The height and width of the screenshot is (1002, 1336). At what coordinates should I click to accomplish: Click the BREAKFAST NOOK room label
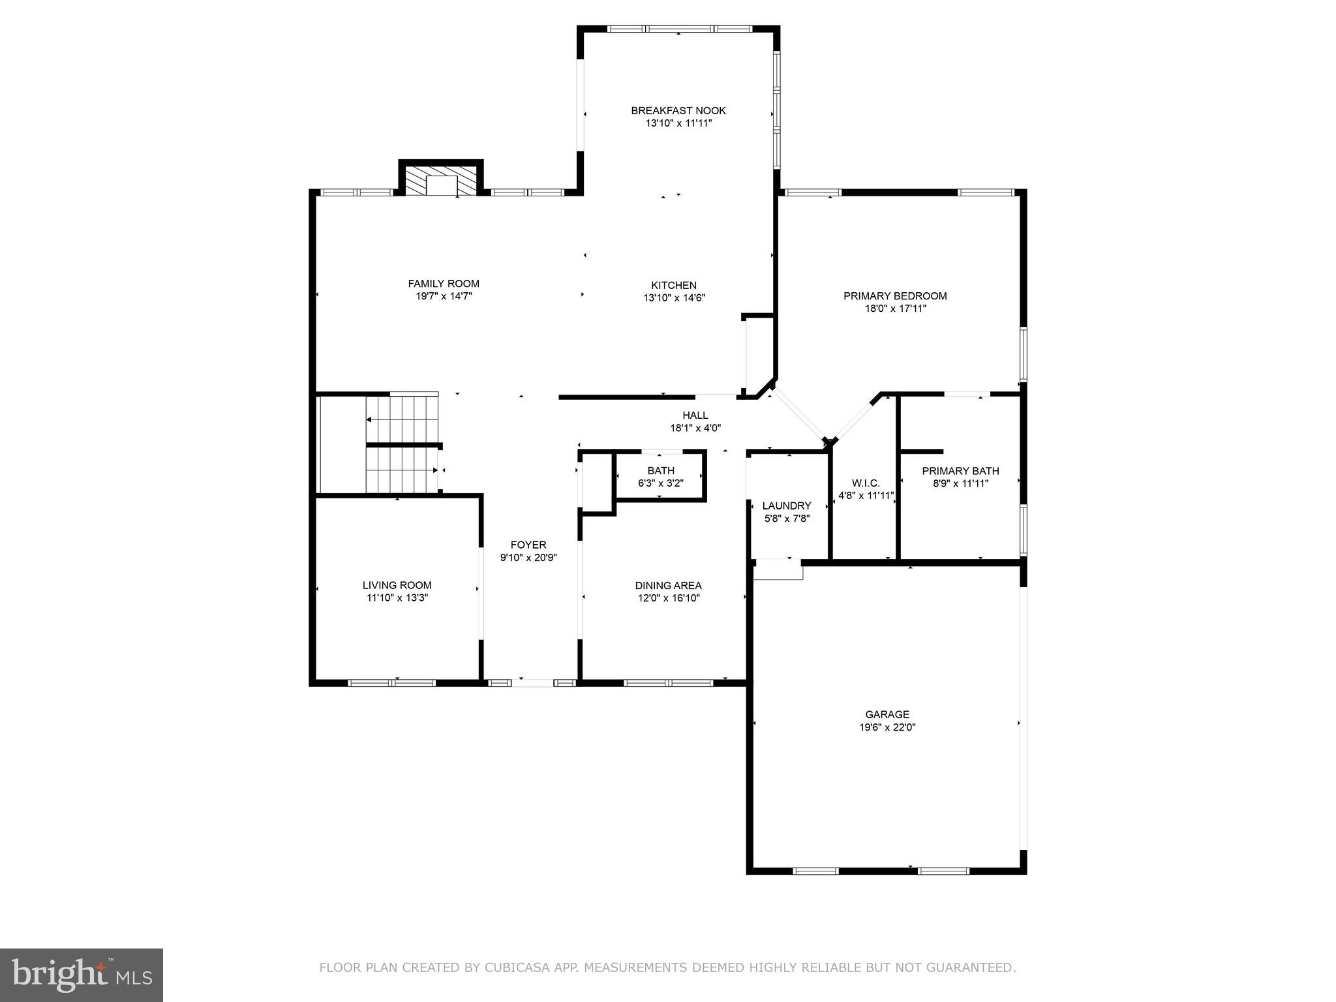tap(678, 111)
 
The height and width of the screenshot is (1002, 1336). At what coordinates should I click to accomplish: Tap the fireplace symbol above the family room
tap(441, 181)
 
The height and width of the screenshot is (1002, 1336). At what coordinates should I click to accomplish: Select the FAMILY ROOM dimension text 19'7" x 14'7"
tap(444, 296)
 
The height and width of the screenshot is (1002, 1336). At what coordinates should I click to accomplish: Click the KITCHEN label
tap(674, 285)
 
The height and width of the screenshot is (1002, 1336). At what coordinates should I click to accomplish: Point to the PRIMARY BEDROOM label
tap(895, 296)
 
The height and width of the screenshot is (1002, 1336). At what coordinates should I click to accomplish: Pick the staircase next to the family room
tap(402, 444)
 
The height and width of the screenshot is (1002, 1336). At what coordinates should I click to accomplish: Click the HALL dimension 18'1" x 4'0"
tap(695, 428)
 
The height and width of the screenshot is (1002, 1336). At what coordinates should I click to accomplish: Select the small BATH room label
tap(661, 471)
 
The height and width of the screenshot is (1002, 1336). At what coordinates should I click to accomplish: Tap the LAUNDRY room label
tap(787, 506)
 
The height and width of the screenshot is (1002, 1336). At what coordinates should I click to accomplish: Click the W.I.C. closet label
tap(866, 483)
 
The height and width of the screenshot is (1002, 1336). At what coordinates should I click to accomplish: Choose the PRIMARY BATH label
tap(960, 471)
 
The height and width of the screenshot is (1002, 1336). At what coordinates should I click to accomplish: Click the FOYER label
tap(528, 545)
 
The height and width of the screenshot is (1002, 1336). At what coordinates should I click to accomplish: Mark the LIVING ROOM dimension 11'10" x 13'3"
tap(397, 598)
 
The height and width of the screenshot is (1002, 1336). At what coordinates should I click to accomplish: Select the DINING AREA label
tap(669, 585)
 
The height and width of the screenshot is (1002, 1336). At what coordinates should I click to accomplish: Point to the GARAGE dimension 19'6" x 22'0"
tap(887, 727)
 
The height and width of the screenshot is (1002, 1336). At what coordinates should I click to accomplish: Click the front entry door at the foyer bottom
tap(532, 683)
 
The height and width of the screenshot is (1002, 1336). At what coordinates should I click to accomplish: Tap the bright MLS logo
tap(82, 975)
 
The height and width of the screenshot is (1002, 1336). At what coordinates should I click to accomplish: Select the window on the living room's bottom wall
tap(391, 683)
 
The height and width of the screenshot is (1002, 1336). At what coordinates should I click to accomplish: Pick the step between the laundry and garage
tap(778, 570)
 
